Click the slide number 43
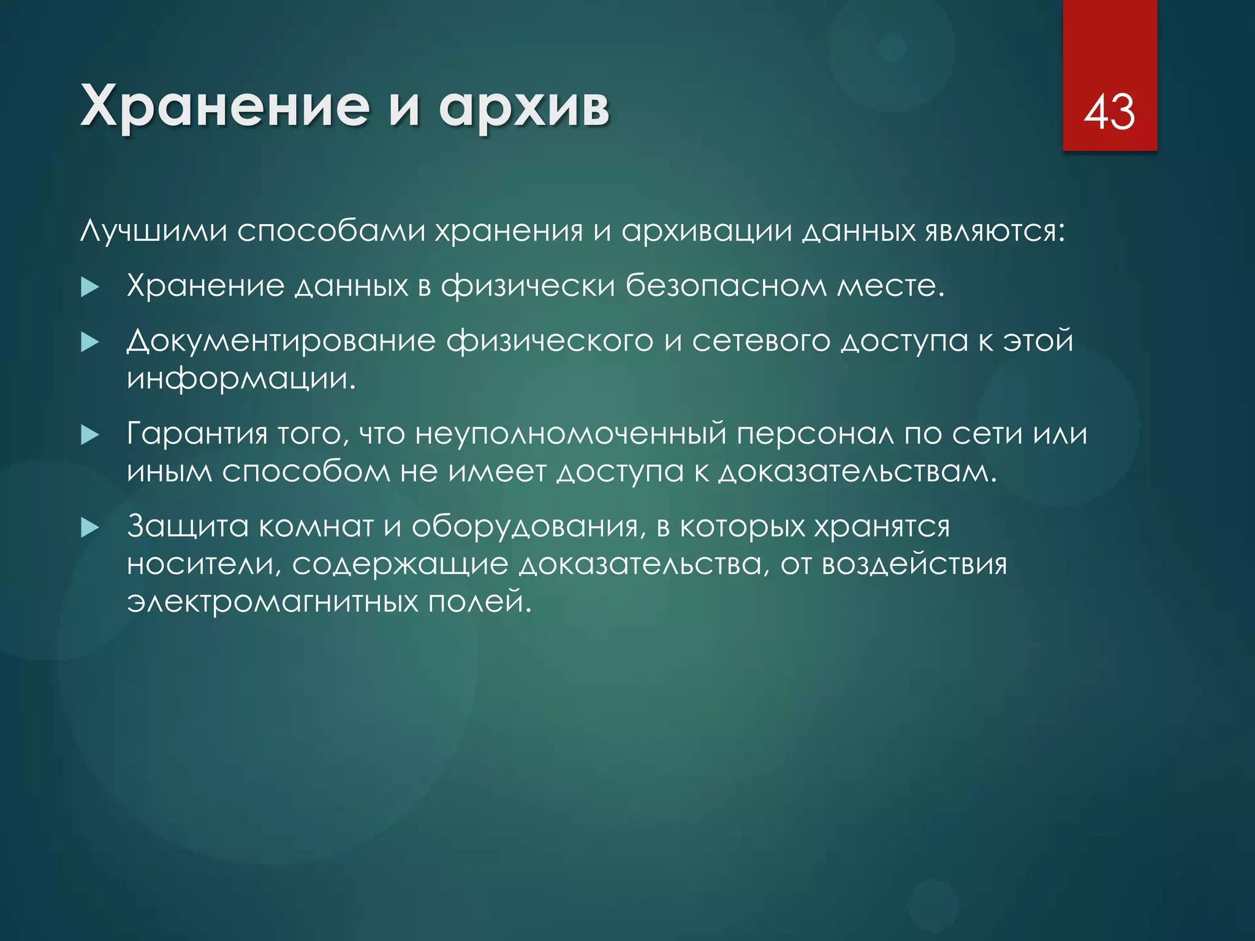pyautogui.click(x=1109, y=112)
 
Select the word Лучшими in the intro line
pyautogui.click(x=153, y=232)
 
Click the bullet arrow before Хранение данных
pyautogui.click(x=89, y=287)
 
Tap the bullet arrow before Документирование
pyautogui.click(x=89, y=342)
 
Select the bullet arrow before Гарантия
pyautogui.click(x=89, y=435)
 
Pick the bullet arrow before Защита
pyautogui.click(x=89, y=527)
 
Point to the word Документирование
pyautogui.click(x=281, y=341)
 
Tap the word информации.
pyautogui.click(x=241, y=379)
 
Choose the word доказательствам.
pyautogui.click(x=858, y=472)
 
